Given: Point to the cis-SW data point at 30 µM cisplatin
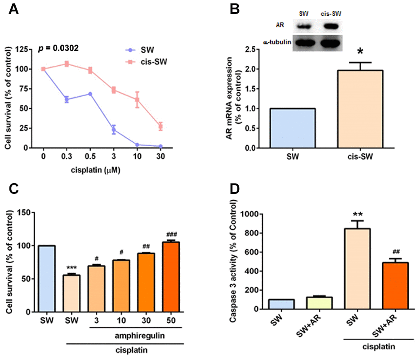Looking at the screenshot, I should [160, 126].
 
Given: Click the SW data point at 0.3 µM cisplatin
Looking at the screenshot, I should [67, 99].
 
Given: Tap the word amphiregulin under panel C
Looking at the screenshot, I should [132, 336].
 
